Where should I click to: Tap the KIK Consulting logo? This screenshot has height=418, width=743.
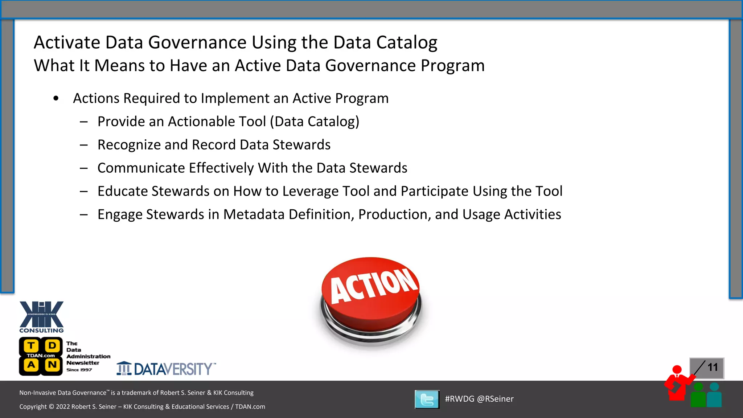(41, 317)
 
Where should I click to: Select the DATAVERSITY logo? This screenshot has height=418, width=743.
(166, 369)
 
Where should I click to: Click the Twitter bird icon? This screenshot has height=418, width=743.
(427, 399)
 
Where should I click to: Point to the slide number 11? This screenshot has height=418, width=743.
(713, 367)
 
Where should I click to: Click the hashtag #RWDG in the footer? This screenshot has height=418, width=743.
(459, 399)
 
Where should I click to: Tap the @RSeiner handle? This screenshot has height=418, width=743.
(495, 399)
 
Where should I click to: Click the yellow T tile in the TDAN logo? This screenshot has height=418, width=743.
(32, 346)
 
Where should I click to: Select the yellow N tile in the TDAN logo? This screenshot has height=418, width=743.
(52, 365)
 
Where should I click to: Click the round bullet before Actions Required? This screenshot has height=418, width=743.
(56, 98)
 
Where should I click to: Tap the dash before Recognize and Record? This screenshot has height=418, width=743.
(84, 145)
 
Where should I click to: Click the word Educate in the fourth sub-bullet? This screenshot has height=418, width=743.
(122, 191)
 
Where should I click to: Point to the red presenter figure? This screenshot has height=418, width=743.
(677, 383)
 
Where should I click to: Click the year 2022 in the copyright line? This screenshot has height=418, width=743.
(63, 407)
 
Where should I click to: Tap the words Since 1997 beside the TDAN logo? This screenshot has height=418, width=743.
(79, 370)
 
